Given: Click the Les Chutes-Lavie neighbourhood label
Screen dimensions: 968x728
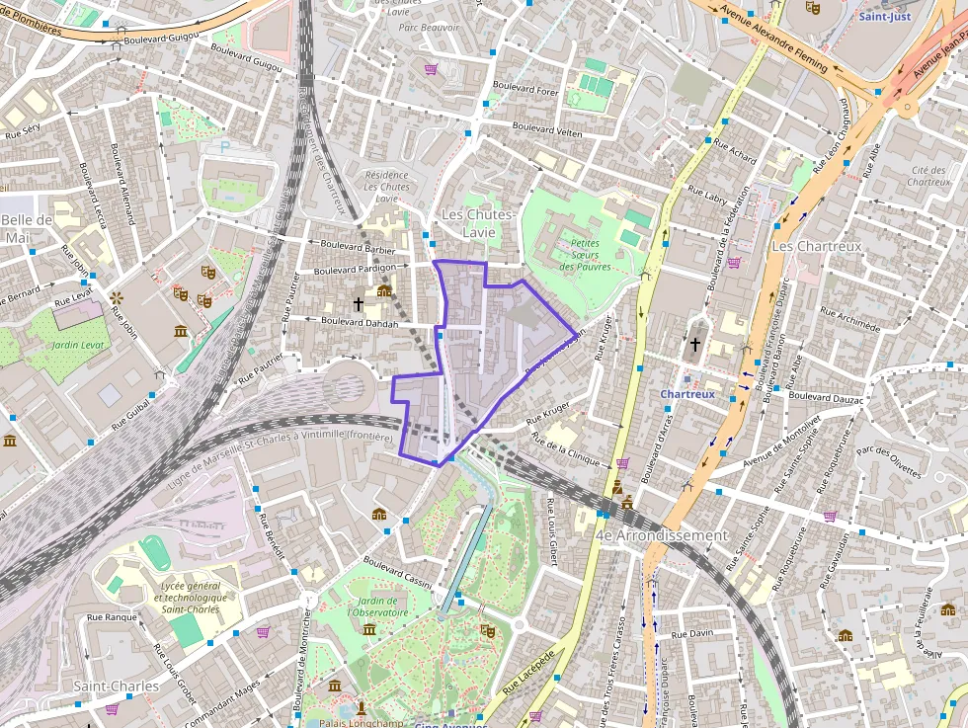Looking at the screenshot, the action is pyautogui.click(x=478, y=223).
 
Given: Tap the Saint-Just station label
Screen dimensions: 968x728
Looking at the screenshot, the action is pyautogui.click(x=885, y=17).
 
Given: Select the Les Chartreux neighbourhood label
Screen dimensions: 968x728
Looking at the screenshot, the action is pyautogui.click(x=816, y=245).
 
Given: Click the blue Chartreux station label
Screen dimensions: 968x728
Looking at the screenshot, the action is pyautogui.click(x=686, y=394).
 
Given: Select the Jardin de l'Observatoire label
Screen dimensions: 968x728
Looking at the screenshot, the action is pyautogui.click(x=377, y=607).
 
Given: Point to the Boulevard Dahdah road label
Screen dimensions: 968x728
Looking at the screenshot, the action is pyautogui.click(x=360, y=322).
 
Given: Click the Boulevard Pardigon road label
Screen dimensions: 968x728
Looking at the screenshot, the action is pyautogui.click(x=355, y=269).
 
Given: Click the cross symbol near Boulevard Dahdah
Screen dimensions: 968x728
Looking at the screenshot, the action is pyautogui.click(x=358, y=302).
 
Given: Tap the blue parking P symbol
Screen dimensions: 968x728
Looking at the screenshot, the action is pyautogui.click(x=224, y=146).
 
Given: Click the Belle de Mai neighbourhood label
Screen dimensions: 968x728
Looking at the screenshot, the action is pyautogui.click(x=27, y=228).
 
